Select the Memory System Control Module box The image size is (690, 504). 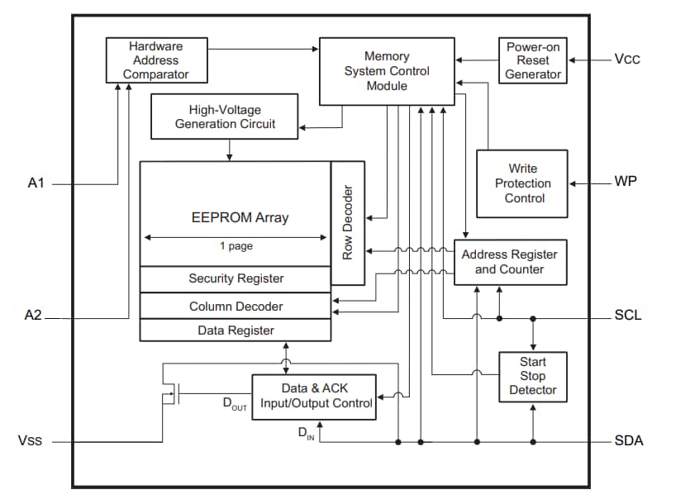pyautogui.click(x=387, y=71)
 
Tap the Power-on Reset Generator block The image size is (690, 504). pyautogui.click(x=533, y=60)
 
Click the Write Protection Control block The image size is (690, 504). pyautogui.click(x=522, y=183)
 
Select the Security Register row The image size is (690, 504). pyautogui.click(x=236, y=279)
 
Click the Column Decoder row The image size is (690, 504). pyautogui.click(x=236, y=307)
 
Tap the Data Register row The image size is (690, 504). pyautogui.click(x=236, y=330)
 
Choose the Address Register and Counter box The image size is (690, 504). pyautogui.click(x=510, y=262)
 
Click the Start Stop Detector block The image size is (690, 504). pyautogui.click(x=533, y=376)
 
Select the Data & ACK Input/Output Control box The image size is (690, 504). pyautogui.click(x=314, y=397)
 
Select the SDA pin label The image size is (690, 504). pyautogui.click(x=629, y=441)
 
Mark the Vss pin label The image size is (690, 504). pyautogui.click(x=31, y=441)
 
